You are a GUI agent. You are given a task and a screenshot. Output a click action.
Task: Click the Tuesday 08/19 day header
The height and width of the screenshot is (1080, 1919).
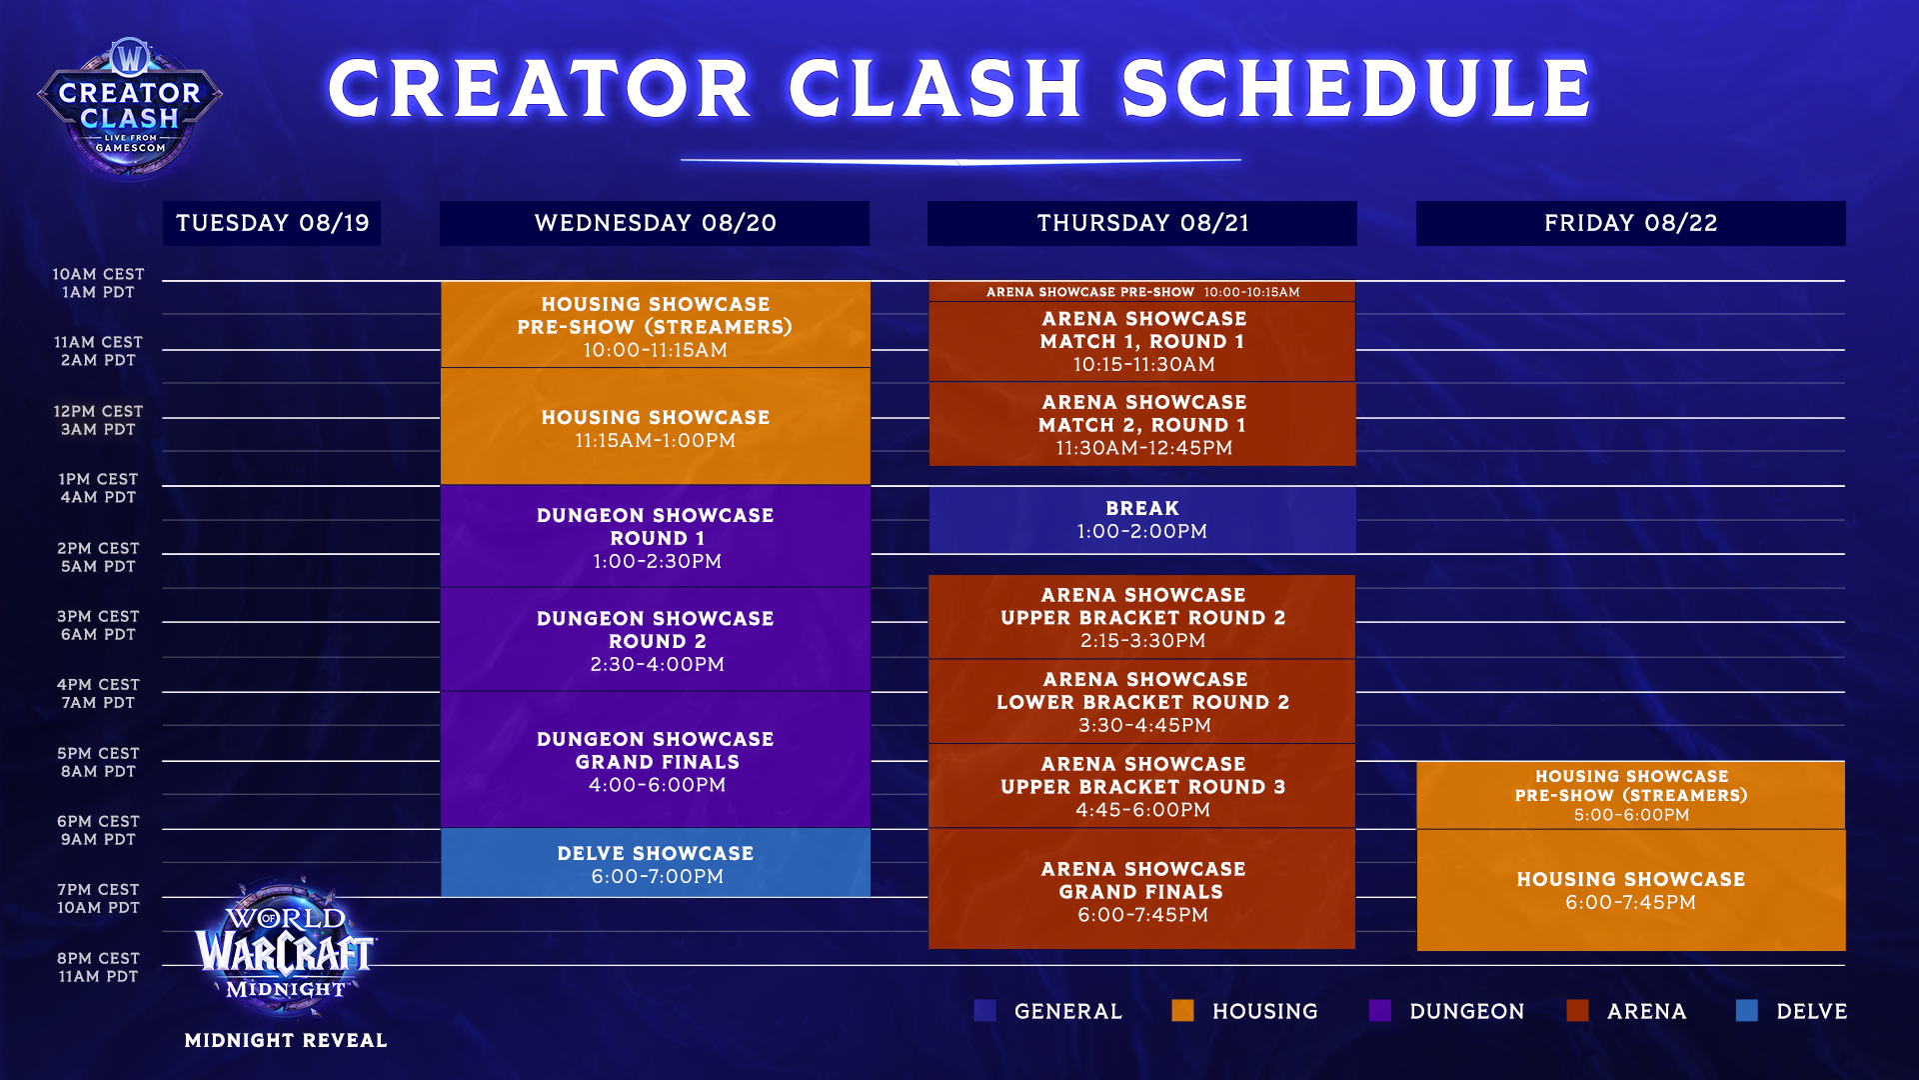272,223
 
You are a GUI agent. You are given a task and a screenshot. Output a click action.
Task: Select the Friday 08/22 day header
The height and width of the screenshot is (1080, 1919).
1630,223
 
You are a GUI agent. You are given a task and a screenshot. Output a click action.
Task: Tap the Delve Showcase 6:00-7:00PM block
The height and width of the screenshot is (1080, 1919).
656,863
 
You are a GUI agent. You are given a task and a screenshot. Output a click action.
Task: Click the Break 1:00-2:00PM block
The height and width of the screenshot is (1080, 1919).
1142,520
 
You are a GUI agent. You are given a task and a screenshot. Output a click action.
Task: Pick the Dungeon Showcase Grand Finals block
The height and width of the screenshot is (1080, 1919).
656,760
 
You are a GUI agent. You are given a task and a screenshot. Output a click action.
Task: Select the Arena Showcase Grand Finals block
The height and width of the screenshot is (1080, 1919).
1142,889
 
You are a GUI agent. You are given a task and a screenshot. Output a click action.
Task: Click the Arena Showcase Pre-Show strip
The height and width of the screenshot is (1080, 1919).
1142,292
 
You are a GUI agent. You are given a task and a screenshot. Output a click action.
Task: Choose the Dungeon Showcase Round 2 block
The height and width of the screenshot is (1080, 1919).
656,640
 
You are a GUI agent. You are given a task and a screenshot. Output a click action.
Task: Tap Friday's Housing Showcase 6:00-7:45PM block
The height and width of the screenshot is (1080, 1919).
1631,890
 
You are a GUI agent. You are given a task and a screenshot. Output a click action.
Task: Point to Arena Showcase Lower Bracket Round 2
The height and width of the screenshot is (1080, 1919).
1142,702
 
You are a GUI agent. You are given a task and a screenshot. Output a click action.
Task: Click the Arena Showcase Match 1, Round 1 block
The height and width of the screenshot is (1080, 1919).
1142,341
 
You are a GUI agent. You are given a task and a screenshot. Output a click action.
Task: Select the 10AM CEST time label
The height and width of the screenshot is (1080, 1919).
98,274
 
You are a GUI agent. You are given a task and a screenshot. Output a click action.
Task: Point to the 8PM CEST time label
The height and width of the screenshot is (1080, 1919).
98,958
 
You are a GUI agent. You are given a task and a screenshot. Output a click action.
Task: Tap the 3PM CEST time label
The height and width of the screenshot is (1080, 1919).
98,616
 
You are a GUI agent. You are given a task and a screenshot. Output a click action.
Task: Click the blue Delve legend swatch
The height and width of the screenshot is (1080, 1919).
1747,1011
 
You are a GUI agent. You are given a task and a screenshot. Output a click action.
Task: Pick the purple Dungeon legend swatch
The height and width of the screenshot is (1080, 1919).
1380,1011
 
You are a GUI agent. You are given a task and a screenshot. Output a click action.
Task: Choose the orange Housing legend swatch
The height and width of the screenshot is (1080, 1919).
1183,1011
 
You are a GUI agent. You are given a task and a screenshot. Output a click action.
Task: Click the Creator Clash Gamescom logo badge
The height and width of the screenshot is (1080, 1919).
130,109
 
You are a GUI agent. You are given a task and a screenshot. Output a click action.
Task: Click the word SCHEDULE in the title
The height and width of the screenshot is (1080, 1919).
1356,88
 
